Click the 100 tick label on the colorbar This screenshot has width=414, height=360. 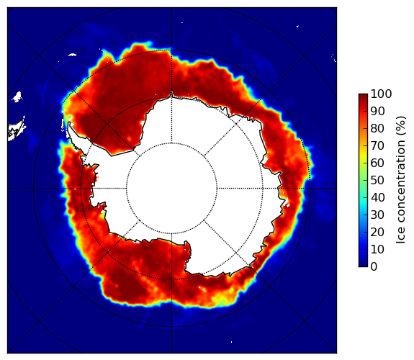coord(381,94)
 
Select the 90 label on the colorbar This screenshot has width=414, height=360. coord(377,111)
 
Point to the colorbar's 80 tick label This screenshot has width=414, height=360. coord(377,128)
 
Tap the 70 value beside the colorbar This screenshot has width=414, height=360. coord(377,145)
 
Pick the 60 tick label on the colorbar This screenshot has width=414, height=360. coord(377,163)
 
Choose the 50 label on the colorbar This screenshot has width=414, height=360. coord(377,181)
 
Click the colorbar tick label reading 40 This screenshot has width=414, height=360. coord(377,197)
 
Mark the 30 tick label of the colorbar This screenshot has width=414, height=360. coord(377,215)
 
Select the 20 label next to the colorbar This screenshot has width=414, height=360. coord(377,232)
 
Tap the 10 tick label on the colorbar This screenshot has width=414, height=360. coord(377,249)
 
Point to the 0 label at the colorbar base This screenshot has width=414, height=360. coord(374,267)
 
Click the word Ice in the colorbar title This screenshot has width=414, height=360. coord(400,237)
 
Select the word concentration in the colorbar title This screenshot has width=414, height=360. coord(400,184)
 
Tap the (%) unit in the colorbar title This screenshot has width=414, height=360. coord(400,126)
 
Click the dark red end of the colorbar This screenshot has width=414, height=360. coord(363,96)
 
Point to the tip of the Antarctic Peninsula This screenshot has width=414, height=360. coord(69,123)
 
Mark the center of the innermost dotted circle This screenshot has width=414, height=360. coord(171,189)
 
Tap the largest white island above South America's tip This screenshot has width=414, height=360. coord(17,96)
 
